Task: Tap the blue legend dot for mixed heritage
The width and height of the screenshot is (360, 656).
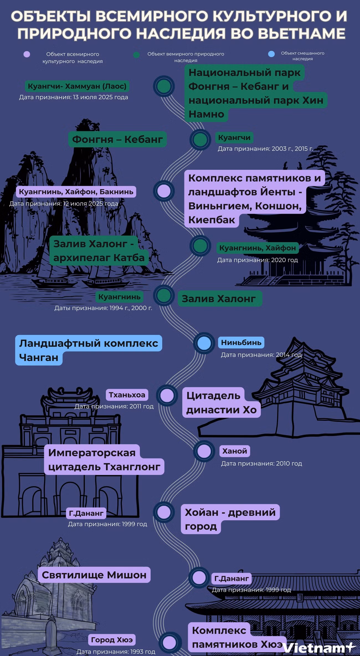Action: tap(271, 54)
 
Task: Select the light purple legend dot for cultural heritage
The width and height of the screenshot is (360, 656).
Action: tap(27, 54)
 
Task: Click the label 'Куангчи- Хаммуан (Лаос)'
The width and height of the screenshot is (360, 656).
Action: tap(77, 86)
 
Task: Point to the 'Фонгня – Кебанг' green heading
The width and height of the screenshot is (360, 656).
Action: tap(117, 139)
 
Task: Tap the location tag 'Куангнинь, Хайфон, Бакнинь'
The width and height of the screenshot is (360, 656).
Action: tap(76, 192)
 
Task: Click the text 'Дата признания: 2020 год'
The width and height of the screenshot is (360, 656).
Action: tap(257, 260)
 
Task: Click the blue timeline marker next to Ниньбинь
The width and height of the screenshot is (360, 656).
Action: tap(204, 343)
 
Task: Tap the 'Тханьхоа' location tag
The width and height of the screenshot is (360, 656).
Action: tap(127, 395)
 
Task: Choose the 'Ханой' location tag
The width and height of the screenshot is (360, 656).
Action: tap(235, 451)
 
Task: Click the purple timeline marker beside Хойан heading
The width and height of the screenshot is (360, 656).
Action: tap(164, 512)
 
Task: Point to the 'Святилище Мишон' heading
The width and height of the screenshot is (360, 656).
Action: tap(94, 575)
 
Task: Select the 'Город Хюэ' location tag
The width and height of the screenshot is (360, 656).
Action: tap(112, 640)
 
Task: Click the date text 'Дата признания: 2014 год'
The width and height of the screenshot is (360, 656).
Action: tap(261, 355)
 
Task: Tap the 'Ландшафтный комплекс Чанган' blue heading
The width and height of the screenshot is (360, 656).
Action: tap(89, 350)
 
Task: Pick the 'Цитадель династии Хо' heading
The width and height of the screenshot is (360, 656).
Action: tap(222, 402)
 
